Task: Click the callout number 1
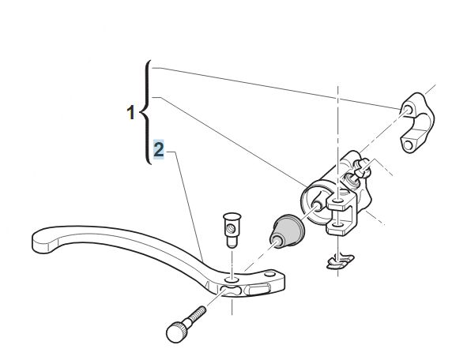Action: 131,112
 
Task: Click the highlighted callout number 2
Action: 159,149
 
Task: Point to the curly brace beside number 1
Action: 146,112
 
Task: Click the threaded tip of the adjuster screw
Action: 202,310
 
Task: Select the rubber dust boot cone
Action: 288,232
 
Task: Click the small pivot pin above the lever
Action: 232,230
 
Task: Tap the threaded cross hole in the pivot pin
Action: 232,229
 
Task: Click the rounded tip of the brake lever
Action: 43,241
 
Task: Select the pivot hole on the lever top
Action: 232,279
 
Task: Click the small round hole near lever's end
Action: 269,273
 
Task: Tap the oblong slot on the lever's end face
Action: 259,289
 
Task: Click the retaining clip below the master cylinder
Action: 340,261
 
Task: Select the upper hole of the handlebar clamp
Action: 408,110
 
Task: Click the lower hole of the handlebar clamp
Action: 407,144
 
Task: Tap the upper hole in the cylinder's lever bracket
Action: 337,201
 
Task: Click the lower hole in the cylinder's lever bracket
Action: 337,223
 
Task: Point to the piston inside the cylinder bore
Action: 317,204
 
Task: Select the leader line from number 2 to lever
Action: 186,206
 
